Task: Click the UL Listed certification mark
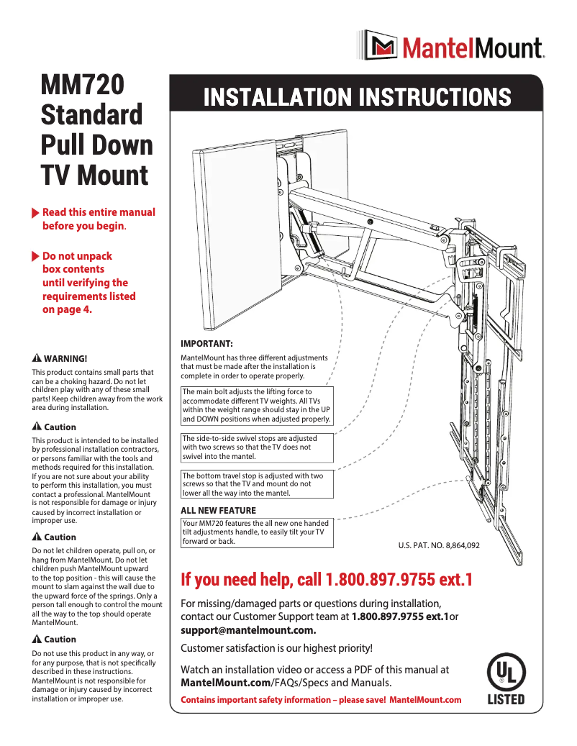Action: click(506, 678)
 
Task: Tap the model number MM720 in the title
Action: click(82, 84)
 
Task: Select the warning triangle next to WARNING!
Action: click(37, 358)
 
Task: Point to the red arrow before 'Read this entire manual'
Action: click(35, 213)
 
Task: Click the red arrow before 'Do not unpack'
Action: click(35, 257)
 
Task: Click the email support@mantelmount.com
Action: click(238, 629)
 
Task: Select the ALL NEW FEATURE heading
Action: click(218, 511)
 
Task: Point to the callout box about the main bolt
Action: click(257, 405)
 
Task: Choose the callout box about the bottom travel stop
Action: click(257, 485)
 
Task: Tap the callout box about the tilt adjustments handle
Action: click(257, 532)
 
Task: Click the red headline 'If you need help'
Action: click(327, 579)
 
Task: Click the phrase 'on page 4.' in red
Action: click(68, 309)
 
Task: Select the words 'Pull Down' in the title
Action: click(96, 145)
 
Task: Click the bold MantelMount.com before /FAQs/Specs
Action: click(226, 682)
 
